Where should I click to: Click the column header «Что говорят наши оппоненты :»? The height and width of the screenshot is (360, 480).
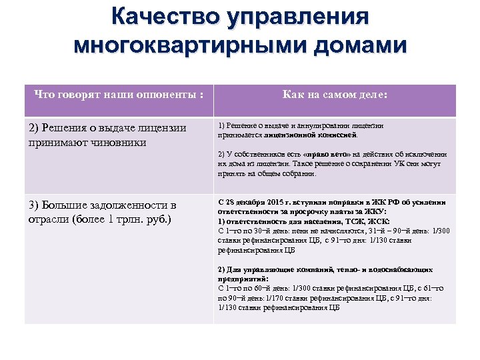tap(119, 95)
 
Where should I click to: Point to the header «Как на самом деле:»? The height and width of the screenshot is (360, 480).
tap(335, 95)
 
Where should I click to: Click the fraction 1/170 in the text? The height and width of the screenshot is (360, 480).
tap(275, 298)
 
